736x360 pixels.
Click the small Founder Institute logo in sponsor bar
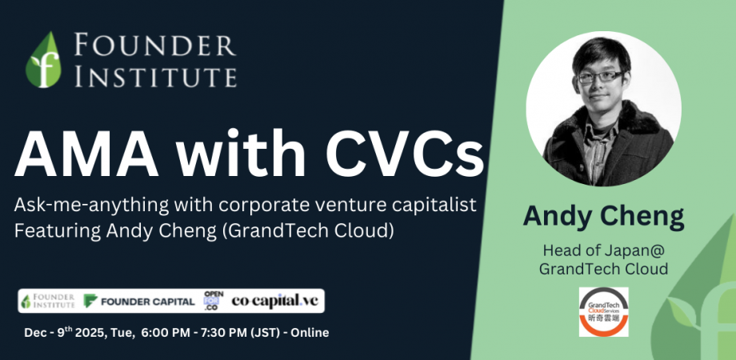coord(49,301)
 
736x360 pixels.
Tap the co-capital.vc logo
coord(275,301)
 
